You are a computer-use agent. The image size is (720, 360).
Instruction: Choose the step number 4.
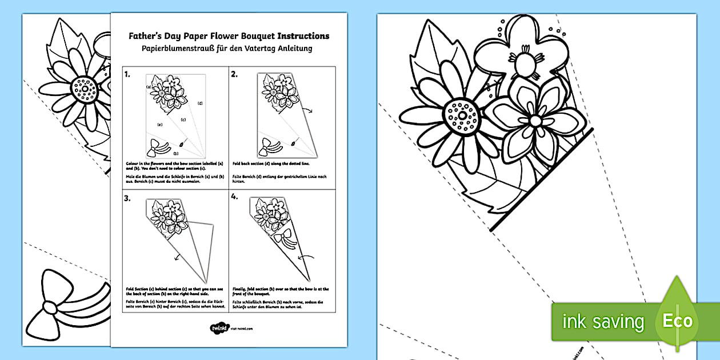[x=234, y=198]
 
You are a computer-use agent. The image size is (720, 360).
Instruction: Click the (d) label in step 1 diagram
[x=200, y=103]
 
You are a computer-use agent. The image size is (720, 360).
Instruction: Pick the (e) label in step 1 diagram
[x=159, y=124]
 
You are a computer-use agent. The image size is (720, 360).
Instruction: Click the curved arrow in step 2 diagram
[x=309, y=113]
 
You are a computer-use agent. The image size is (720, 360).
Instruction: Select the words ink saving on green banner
[x=603, y=322]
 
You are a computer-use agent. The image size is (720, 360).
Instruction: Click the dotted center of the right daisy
[x=462, y=117]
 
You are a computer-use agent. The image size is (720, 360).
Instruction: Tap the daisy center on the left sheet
[x=85, y=89]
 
